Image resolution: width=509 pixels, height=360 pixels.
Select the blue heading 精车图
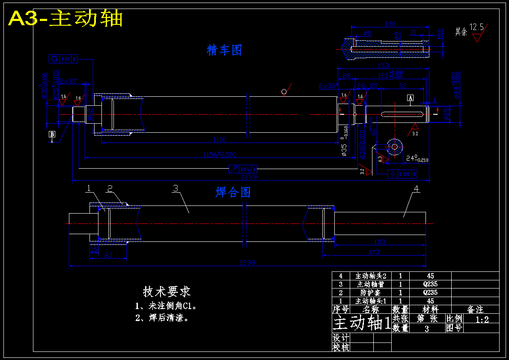(x=224, y=50)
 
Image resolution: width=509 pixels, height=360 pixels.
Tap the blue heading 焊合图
(x=232, y=192)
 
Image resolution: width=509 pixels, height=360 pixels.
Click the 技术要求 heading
(x=167, y=292)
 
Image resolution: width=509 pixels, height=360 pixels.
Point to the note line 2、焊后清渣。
(x=161, y=318)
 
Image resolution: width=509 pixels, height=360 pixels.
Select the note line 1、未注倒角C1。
(x=165, y=306)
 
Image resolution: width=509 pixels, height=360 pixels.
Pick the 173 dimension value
(x=374, y=253)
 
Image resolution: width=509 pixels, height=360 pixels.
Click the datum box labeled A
(x=410, y=98)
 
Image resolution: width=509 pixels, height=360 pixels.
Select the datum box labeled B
(x=52, y=134)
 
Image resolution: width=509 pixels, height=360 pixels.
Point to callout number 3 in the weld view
(x=175, y=188)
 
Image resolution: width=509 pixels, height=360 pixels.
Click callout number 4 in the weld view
(x=416, y=188)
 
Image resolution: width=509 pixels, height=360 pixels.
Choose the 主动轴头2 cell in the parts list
(x=371, y=276)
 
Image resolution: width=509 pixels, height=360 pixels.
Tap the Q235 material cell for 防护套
(x=430, y=293)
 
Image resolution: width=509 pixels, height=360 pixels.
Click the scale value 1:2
(x=482, y=319)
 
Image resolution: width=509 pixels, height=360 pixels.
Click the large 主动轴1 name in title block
(x=362, y=323)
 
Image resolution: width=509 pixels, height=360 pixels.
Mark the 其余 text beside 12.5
(x=461, y=31)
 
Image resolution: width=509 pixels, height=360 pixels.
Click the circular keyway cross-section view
(x=394, y=146)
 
